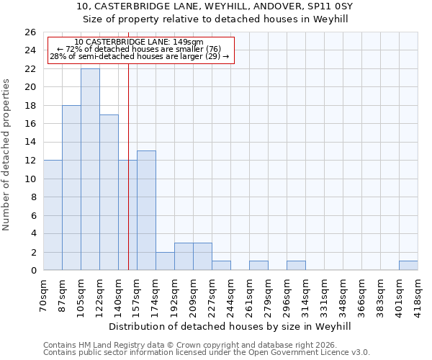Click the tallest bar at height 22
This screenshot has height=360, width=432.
[x=90, y=169]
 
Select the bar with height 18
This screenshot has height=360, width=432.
[x=71, y=187]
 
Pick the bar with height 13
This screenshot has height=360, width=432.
[x=146, y=210]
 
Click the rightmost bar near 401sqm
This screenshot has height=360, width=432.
[x=408, y=266]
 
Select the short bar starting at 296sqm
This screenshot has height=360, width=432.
[x=296, y=266]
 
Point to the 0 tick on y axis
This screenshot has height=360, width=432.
[x=33, y=271]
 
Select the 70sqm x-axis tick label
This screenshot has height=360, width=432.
[x=43, y=294]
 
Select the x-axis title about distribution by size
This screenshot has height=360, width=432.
[x=230, y=326]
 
